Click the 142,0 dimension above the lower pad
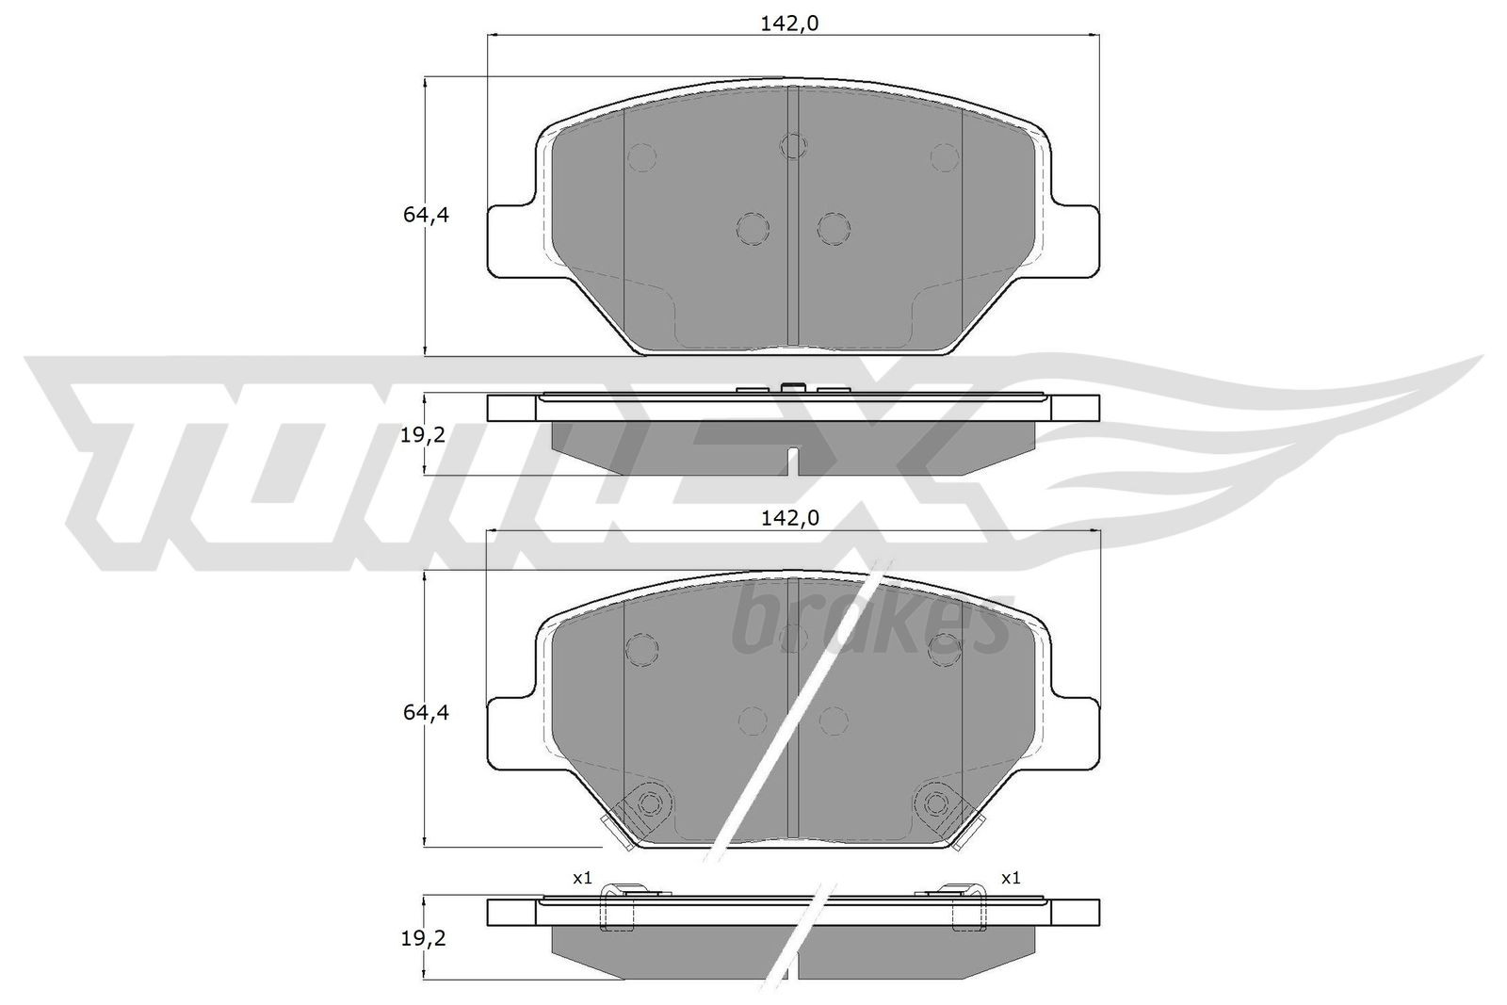click(790, 517)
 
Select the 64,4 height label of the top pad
click(426, 215)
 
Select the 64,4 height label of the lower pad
click(426, 713)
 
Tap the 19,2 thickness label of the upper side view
click(422, 434)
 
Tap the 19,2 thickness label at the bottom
click(422, 938)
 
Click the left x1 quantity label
click(582, 878)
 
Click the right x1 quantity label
click(1011, 878)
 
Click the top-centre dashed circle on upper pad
click(794, 145)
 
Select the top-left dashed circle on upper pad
click(642, 156)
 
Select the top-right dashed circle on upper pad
click(944, 156)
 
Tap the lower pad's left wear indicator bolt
click(648, 802)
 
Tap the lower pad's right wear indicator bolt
click(936, 802)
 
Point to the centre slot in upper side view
click(793, 461)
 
